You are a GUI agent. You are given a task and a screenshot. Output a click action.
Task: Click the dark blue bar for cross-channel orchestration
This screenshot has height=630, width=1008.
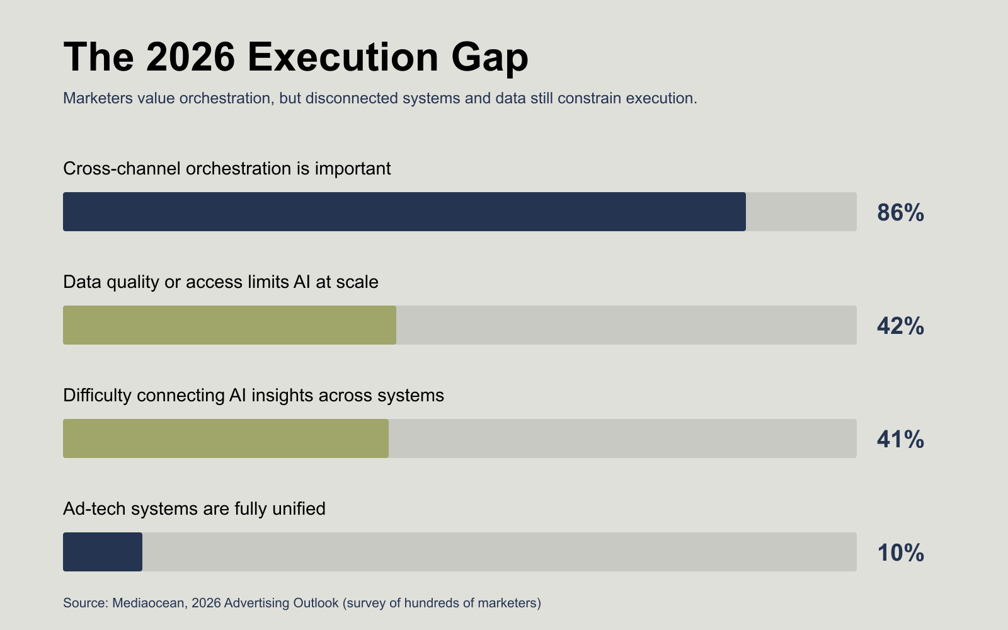point(404,212)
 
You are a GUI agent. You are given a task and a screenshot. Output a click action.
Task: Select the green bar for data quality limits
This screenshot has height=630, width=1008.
point(229,325)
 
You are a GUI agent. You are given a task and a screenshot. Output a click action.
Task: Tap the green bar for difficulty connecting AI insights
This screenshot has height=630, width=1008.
point(226,438)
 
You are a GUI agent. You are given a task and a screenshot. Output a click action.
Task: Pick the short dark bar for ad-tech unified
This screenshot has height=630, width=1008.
point(103,552)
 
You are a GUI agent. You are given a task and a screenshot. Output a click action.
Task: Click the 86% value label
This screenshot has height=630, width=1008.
point(900,212)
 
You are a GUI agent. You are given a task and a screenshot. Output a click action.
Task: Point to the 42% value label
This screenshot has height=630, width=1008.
point(900,326)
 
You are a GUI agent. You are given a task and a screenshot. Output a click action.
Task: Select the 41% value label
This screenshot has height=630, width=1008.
point(900,439)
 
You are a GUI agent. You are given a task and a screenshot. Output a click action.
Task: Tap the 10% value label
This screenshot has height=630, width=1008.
point(900,553)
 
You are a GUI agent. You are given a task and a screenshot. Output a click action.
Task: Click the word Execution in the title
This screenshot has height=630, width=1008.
point(343,57)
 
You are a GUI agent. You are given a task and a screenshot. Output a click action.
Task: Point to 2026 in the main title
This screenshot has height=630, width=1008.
point(190,57)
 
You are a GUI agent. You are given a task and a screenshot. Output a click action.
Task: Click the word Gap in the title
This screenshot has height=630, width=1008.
point(490,59)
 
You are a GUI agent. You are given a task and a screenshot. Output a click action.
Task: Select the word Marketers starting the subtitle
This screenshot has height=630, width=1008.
point(98,98)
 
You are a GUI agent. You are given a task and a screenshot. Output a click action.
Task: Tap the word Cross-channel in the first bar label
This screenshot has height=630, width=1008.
point(122,168)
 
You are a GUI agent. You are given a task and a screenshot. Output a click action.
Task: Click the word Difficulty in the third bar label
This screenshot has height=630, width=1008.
point(97,396)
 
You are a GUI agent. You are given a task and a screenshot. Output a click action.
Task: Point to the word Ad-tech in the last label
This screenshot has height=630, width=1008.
point(94,509)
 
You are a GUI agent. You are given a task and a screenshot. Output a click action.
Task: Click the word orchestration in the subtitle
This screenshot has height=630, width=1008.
point(227,98)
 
